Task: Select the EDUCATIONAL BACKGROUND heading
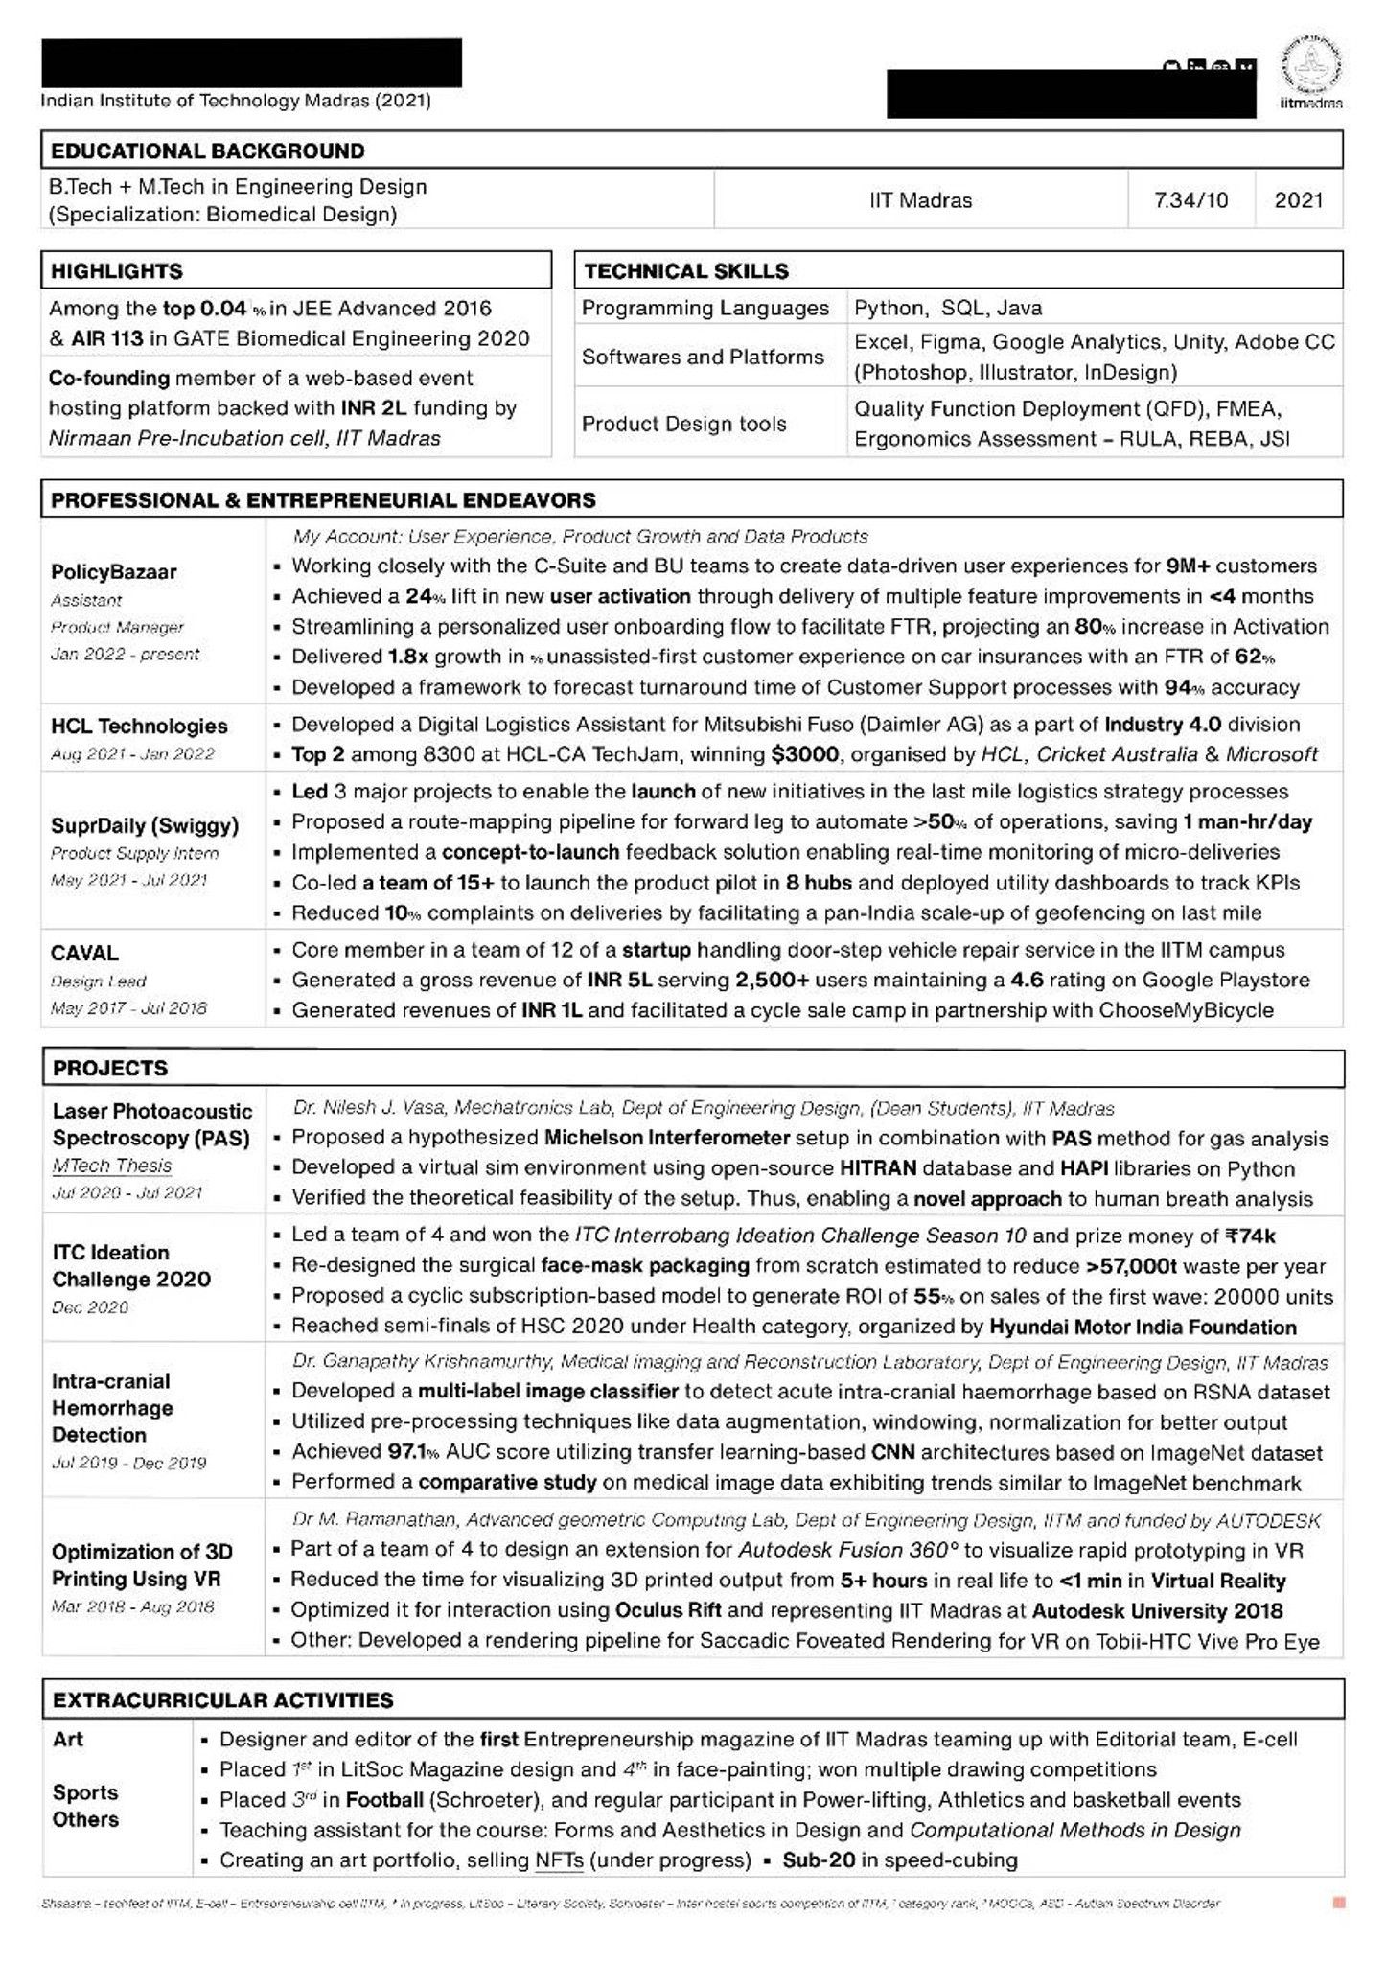(x=207, y=150)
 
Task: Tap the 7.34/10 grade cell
(x=1190, y=200)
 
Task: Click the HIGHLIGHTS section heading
(x=116, y=271)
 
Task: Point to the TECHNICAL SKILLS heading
(x=685, y=271)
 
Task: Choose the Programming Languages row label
(x=705, y=308)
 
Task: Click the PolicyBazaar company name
(x=113, y=572)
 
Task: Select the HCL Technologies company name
(x=139, y=727)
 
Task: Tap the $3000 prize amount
(x=804, y=754)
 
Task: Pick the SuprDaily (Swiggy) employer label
(x=144, y=825)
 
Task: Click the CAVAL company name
(x=84, y=954)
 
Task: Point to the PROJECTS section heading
(x=109, y=1068)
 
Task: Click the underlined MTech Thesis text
(x=111, y=1166)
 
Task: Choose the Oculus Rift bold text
(x=668, y=1610)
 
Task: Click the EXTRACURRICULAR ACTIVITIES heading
(x=222, y=1700)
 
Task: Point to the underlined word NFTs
(x=559, y=1860)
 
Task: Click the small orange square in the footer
(x=1339, y=1903)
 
